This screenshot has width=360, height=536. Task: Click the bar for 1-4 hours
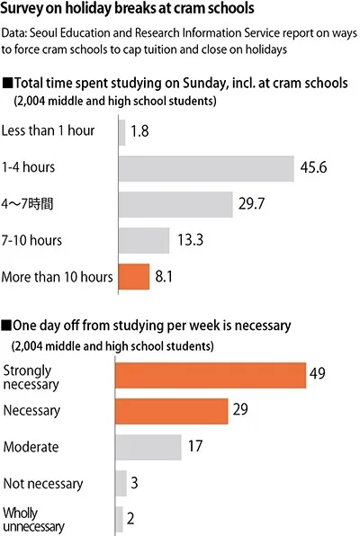206,169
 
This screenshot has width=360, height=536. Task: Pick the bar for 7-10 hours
143,240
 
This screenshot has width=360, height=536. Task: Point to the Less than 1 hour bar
121,133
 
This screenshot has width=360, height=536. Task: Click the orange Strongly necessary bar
211,374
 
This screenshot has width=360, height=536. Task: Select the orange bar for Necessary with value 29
172,410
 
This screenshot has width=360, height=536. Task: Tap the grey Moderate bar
148,447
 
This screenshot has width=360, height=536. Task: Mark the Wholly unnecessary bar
119,519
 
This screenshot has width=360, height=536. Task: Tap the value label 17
195,447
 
